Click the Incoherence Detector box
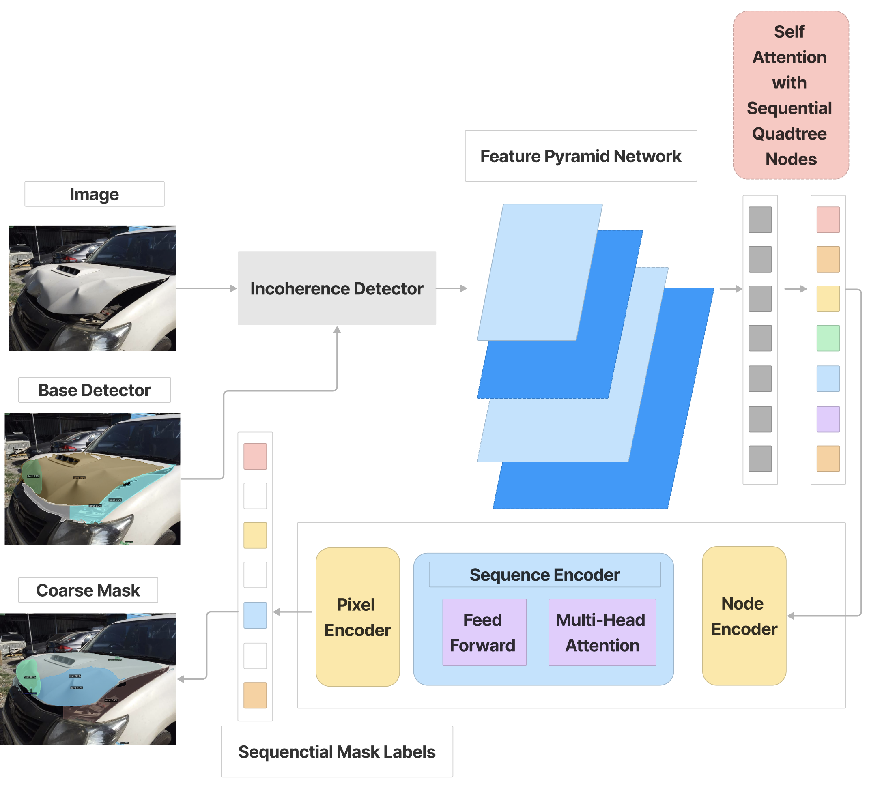337,288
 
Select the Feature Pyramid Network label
581,156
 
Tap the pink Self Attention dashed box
791,95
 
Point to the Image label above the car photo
95,194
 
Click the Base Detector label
95,390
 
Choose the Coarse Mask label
88,590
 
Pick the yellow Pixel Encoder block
357,617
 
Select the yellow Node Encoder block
744,616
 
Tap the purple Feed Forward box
484,632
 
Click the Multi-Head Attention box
602,632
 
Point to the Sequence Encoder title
544,575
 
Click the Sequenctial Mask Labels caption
337,751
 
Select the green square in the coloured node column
828,338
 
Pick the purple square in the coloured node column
828,419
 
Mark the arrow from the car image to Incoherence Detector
206,288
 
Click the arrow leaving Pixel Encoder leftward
293,612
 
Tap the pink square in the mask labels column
255,456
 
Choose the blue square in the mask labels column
255,616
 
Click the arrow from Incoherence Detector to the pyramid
451,288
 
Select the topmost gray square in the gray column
760,220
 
